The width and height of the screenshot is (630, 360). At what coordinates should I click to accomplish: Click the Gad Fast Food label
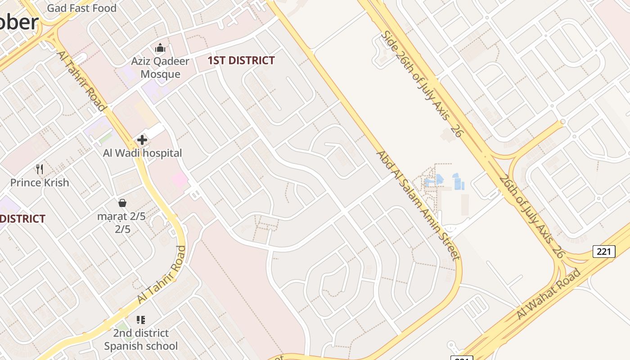tap(81, 8)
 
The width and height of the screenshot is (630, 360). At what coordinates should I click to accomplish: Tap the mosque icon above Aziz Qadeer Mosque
tap(160, 48)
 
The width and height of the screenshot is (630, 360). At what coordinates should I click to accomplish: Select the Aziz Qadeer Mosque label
tap(160, 67)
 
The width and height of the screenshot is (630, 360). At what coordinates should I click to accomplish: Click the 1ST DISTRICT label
tap(241, 61)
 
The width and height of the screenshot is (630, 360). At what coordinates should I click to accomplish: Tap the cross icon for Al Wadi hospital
tap(142, 140)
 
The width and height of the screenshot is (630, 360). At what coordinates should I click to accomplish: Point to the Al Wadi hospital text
tap(142, 153)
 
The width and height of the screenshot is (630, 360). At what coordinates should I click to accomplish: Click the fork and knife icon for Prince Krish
tap(40, 169)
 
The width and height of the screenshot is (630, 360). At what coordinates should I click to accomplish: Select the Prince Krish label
tap(40, 183)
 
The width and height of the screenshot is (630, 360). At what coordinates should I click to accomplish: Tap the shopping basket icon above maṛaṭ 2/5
tap(122, 203)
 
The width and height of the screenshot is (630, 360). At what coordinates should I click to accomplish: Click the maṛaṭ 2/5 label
tap(121, 223)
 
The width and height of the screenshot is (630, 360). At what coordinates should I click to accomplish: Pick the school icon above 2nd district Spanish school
tap(141, 320)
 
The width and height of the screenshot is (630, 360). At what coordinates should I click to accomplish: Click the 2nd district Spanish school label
tap(141, 340)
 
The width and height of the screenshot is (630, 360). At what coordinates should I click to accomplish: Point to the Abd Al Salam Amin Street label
tap(418, 205)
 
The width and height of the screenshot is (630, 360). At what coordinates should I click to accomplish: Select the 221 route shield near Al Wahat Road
tap(603, 251)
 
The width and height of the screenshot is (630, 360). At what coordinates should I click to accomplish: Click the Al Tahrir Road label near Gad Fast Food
tap(81, 81)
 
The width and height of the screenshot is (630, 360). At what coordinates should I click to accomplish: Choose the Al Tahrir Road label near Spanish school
tap(162, 274)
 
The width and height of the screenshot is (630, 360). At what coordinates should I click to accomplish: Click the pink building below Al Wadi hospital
tap(179, 180)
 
